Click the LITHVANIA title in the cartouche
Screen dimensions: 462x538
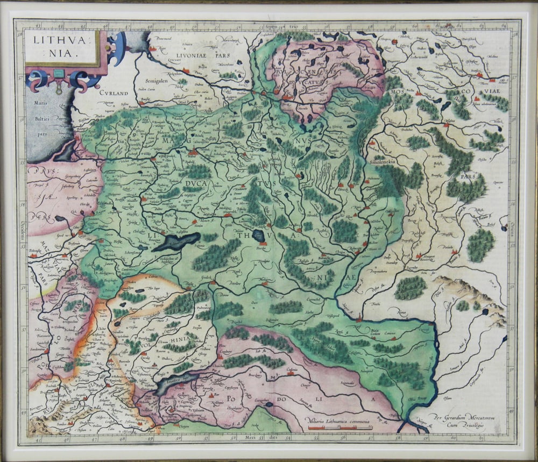[x=61, y=46]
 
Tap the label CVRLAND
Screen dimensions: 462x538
[x=114, y=93]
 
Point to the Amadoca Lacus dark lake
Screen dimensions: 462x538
[x=175, y=382]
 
